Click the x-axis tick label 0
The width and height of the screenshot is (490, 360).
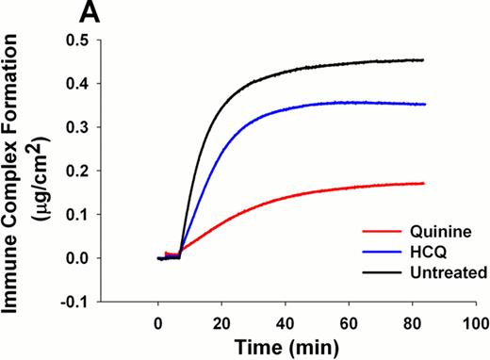click(x=157, y=321)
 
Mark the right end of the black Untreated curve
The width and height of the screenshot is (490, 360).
click(x=424, y=59)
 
